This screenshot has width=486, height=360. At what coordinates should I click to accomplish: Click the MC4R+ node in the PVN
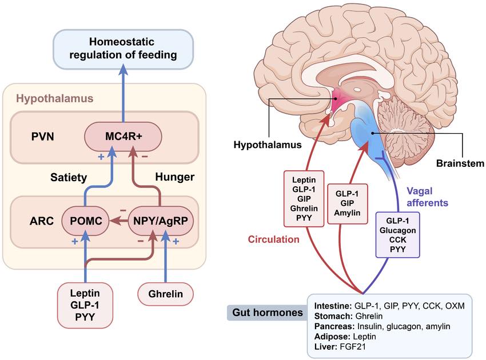123,137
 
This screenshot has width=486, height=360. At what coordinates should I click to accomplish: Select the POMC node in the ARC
86,221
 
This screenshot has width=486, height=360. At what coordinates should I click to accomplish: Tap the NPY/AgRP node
161,221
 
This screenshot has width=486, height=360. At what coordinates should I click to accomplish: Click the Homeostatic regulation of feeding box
123,49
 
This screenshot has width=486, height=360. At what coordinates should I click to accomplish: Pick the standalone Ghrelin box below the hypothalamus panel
165,294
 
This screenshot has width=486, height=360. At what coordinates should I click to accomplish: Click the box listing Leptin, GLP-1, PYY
85,305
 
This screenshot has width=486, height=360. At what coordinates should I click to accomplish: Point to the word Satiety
69,178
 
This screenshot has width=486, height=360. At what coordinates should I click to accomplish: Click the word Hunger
175,177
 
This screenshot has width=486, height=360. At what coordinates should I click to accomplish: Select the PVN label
42,137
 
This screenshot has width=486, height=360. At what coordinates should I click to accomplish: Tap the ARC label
42,221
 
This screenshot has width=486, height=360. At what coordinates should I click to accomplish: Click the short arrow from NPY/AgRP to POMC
119,221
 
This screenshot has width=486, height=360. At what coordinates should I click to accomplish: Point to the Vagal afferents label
428,197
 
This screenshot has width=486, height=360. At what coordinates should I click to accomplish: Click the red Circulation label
274,239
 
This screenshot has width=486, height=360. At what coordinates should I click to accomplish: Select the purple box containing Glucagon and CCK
398,235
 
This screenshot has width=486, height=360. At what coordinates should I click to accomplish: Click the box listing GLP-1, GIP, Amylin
348,203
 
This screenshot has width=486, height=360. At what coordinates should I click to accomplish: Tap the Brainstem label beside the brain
460,163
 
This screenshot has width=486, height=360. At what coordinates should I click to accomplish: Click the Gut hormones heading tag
267,313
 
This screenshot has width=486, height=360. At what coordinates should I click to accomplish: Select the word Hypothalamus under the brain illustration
268,145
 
